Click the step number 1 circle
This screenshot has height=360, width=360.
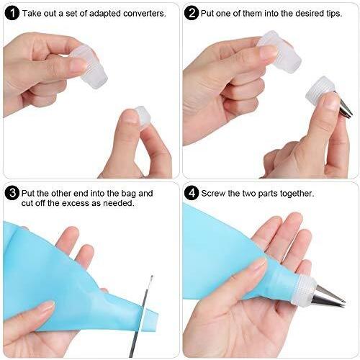[x=12, y=13]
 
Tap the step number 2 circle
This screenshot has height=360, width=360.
[x=192, y=13]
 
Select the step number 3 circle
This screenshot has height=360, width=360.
[x=12, y=193]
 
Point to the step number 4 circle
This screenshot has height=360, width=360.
[x=192, y=193]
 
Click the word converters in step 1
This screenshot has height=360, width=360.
[x=144, y=14]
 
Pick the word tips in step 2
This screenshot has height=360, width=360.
[x=334, y=14]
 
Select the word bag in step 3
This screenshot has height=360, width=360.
[x=130, y=194]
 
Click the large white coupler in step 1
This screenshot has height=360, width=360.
[x=91, y=66]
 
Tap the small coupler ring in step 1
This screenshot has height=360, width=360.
[x=142, y=117]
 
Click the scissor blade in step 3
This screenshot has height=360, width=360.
[x=141, y=316]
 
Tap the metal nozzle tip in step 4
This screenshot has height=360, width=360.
[x=328, y=297]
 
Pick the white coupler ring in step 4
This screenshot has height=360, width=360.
[x=305, y=291]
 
